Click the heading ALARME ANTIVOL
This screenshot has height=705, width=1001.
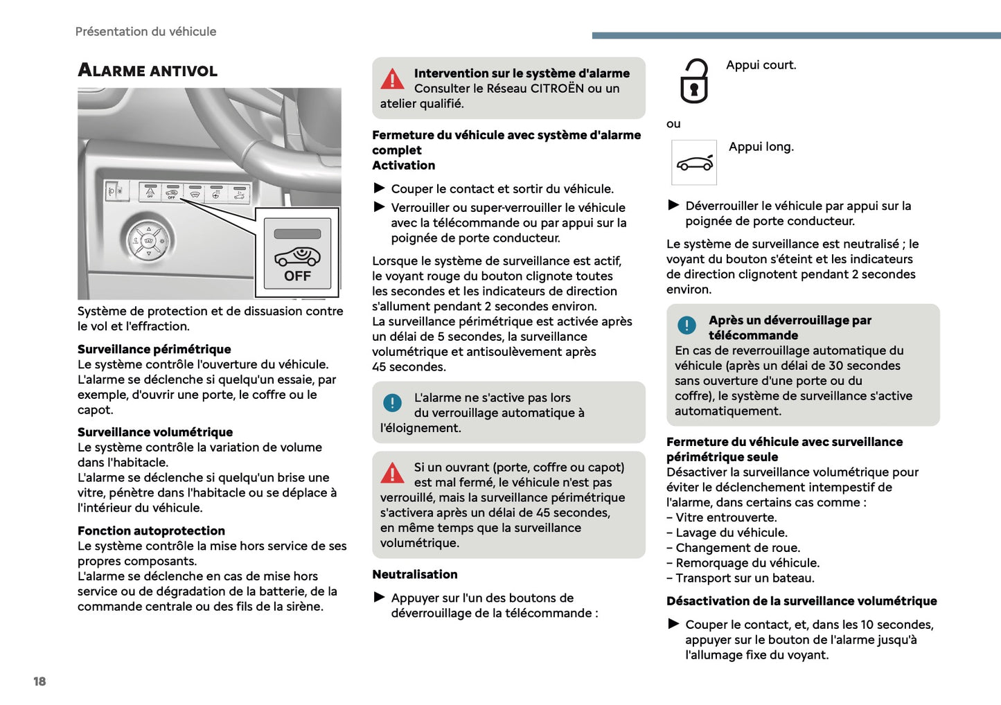tap(148, 71)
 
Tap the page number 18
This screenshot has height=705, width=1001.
tap(39, 681)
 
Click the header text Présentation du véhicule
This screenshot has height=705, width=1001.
tap(145, 32)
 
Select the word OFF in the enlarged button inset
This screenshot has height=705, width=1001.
tap(297, 276)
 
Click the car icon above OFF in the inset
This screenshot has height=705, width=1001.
tap(297, 256)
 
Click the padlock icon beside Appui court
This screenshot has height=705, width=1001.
tap(693, 82)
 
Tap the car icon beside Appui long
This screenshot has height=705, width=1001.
tap(694, 163)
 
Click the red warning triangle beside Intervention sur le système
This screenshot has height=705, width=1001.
tap(392, 80)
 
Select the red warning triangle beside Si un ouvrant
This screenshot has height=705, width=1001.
tap(392, 474)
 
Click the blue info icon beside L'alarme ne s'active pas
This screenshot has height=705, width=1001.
tap(392, 402)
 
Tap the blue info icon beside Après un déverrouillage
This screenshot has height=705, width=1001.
tap(686, 325)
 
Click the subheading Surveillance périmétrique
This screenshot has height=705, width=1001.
tap(154, 349)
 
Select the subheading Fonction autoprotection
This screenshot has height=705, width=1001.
tap(151, 531)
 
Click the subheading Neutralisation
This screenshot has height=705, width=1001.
tap(414, 575)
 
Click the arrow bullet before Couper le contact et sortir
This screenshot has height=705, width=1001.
tap(380, 188)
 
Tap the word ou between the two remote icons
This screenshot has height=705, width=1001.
tap(673, 124)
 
